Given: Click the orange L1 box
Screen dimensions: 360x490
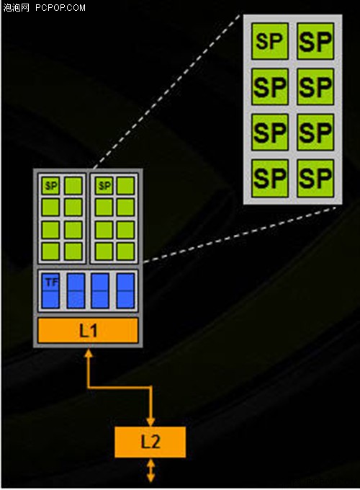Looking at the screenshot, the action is (88, 330).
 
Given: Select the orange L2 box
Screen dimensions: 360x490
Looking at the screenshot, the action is (150, 442).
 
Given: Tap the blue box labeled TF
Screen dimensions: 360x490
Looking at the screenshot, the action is (50, 290).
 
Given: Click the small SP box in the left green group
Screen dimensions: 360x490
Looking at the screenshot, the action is (50, 186).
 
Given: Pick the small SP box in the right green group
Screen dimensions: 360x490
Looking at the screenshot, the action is (104, 186).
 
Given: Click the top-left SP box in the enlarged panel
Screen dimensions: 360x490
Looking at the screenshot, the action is (270, 41).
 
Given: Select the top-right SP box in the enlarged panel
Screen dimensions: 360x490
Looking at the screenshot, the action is (315, 41).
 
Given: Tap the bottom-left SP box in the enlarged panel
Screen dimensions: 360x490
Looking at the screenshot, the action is (270, 178).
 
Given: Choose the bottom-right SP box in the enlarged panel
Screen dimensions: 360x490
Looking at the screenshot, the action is (315, 178).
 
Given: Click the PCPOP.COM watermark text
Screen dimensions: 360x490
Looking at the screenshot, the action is (60, 7).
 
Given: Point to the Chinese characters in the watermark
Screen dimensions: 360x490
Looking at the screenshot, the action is (17, 7).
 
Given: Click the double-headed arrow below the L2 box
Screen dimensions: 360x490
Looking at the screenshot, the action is (150, 470).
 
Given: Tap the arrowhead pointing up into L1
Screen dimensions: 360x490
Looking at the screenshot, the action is (89, 353).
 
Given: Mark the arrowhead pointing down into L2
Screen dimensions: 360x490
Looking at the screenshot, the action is (150, 422).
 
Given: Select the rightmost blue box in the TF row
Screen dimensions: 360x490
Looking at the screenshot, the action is (125, 290).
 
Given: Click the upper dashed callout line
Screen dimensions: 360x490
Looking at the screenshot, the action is (168, 91).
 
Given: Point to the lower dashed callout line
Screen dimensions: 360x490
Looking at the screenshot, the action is (240, 233).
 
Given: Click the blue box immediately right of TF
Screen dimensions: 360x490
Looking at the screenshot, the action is (76, 290).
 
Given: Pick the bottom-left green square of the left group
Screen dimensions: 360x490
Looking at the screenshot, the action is (50, 251).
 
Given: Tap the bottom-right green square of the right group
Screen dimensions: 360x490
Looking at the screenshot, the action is (125, 251).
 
